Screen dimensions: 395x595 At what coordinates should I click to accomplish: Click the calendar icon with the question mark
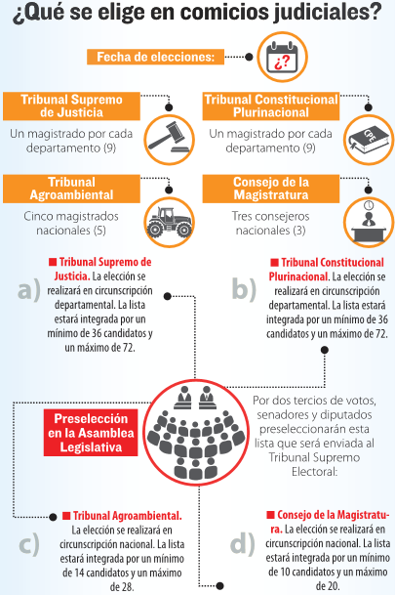[282, 58]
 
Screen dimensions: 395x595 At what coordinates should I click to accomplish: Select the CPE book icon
[369, 140]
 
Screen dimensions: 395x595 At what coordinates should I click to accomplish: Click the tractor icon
[169, 222]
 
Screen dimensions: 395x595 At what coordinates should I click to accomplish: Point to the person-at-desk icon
[369, 222]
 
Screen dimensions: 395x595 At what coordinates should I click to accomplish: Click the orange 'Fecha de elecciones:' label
[156, 57]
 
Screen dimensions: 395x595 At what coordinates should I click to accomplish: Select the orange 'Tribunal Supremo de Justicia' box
[71, 106]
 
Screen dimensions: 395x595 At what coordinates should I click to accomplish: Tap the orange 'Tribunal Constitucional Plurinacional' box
[271, 106]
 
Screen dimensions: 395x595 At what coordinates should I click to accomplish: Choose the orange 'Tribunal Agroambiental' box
[71, 189]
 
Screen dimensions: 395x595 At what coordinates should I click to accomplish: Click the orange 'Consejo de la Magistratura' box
[271, 189]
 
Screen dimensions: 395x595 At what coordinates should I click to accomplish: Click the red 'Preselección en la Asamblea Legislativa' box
[91, 433]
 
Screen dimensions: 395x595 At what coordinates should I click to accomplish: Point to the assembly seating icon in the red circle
[195, 433]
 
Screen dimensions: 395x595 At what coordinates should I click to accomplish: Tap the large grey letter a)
[29, 290]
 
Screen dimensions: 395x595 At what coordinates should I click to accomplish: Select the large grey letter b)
[244, 288]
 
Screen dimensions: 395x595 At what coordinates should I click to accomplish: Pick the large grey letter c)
[29, 544]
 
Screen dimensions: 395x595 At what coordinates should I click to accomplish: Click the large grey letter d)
[243, 543]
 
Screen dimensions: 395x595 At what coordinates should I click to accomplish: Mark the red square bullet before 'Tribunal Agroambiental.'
[66, 516]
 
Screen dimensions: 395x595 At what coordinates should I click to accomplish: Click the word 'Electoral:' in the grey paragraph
[314, 472]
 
